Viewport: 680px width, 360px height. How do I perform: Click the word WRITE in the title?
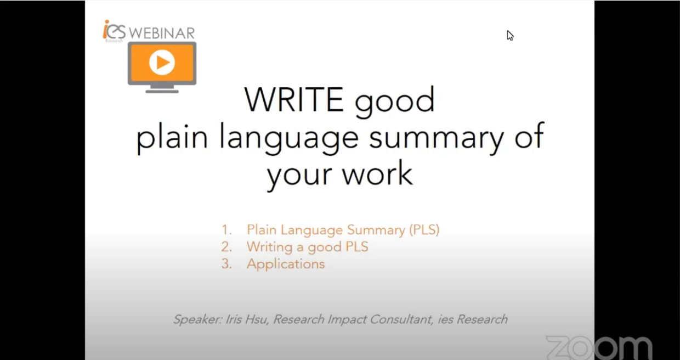(294, 99)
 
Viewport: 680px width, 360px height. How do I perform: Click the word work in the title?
(377, 173)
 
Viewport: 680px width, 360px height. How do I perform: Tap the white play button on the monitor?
(162, 62)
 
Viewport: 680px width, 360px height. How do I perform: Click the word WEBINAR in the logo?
(162, 33)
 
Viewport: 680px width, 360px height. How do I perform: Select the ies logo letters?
(114, 30)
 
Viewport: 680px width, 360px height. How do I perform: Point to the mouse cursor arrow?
(510, 36)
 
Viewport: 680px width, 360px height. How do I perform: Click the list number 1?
(226, 230)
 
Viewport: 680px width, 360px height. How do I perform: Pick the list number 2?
(226, 247)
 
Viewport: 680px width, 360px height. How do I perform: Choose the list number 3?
(226, 264)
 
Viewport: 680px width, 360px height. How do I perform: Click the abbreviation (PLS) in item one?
(424, 230)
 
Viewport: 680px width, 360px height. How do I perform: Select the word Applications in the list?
(286, 264)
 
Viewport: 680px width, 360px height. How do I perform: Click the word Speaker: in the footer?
(198, 319)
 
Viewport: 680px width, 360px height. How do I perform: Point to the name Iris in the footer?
(233, 319)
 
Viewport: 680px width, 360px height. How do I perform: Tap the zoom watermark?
(599, 347)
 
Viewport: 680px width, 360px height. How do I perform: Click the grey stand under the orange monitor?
(162, 89)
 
